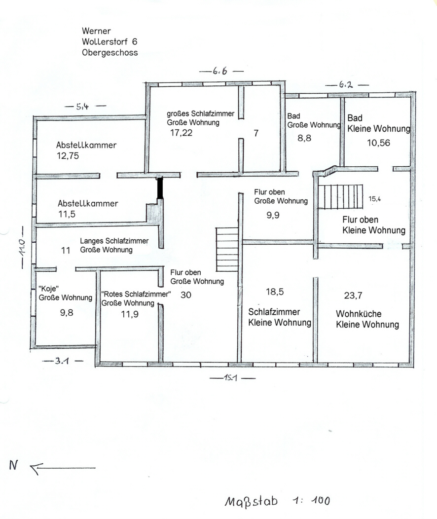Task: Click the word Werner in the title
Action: coord(96,31)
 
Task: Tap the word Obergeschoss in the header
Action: coord(110,53)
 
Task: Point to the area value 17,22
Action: coord(182,133)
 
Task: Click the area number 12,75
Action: coord(68,155)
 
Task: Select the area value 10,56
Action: coord(378,143)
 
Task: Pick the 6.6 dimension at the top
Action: coord(220,71)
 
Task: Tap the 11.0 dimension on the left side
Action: coord(22,247)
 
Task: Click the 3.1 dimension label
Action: coord(63,361)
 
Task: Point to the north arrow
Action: coord(63,468)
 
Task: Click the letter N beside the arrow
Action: coord(13,465)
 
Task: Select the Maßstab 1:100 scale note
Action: coord(278,501)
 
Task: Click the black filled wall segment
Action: coord(160,188)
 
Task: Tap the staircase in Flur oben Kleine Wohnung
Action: coord(340,197)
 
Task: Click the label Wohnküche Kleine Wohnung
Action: coord(367,319)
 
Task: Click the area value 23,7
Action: coord(353,295)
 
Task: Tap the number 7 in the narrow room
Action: coord(255,133)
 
